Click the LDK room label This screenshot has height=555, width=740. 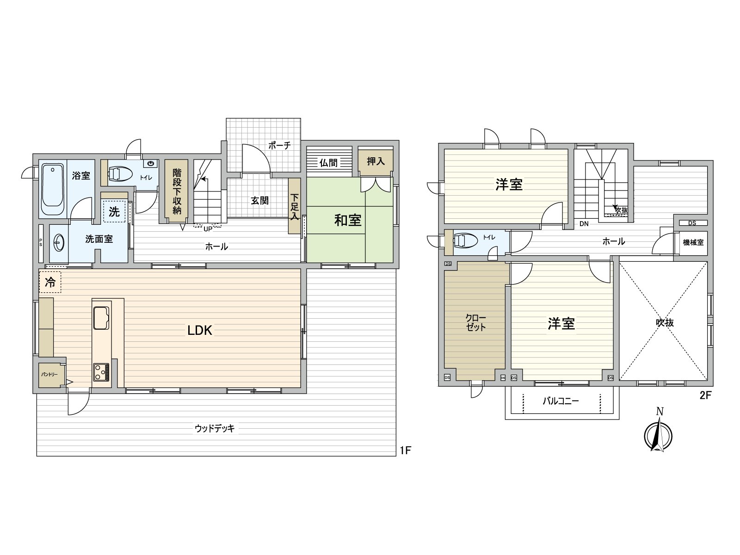(200, 330)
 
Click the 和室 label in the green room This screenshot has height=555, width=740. (348, 220)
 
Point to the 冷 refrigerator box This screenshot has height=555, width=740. (50, 282)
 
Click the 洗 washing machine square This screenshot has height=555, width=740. (114, 212)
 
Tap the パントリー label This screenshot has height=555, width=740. (49, 374)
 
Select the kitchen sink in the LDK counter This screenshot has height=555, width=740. (101, 317)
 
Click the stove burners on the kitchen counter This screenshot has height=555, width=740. (101, 372)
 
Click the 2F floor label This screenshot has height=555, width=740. (704, 396)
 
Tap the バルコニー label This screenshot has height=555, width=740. (561, 401)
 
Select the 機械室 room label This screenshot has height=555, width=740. (693, 242)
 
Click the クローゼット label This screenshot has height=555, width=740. (475, 323)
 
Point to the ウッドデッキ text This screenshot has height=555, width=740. (215, 429)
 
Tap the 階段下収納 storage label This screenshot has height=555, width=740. (177, 191)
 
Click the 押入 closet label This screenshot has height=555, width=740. (376, 161)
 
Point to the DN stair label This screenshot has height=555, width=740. (584, 224)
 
